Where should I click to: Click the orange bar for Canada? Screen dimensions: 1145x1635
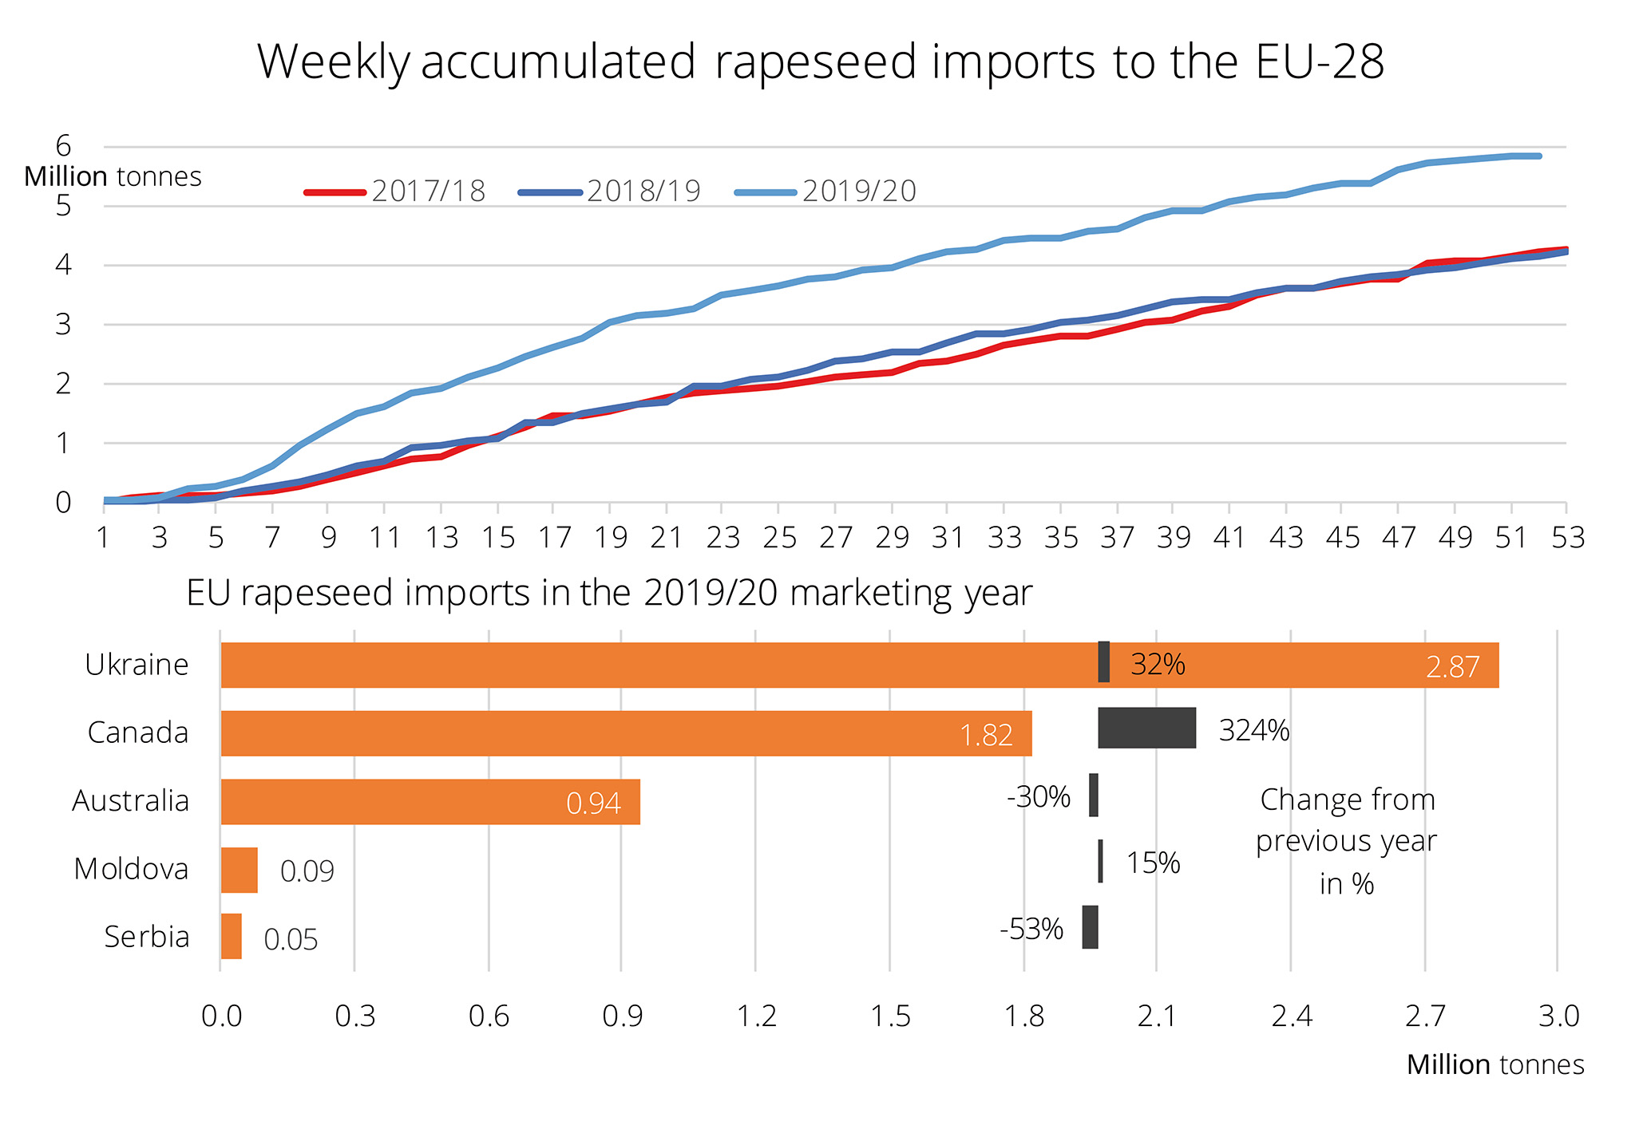(626, 733)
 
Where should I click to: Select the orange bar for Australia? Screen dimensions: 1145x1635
(430, 801)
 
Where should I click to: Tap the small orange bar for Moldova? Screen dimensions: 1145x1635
(239, 870)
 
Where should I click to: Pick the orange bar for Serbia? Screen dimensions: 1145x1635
(231, 936)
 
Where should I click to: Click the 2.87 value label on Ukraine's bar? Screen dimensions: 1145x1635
(1452, 667)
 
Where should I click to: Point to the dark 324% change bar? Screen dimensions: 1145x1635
(1146, 728)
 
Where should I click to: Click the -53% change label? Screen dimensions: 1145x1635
(1031, 930)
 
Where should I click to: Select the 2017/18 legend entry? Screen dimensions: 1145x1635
(395, 191)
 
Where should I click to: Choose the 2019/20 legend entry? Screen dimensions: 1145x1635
(825, 191)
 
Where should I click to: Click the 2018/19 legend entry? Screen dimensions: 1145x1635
(610, 191)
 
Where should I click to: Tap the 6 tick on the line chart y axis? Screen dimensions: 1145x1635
(63, 146)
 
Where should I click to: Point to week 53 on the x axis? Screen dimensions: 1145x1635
(1567, 539)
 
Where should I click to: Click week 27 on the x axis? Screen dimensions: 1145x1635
(835, 539)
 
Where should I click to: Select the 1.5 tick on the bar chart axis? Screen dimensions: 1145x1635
(890, 1017)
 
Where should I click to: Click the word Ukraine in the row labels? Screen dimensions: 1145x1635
(137, 665)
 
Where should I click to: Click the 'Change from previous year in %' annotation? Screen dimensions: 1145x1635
(1347, 842)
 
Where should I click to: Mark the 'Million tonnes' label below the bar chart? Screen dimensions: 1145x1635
(1494, 1065)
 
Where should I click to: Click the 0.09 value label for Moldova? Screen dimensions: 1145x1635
(307, 871)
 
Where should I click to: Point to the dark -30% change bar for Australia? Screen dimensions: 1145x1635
(1093, 795)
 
